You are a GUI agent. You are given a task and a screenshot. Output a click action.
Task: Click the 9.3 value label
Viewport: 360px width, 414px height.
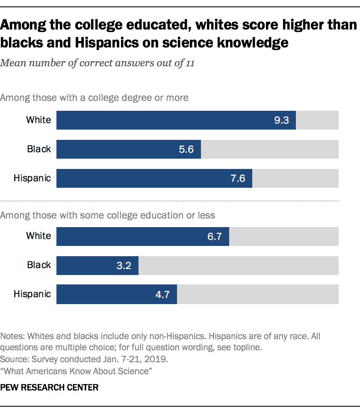[282, 121]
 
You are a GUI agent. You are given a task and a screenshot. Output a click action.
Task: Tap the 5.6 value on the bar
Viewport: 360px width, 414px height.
[187, 150]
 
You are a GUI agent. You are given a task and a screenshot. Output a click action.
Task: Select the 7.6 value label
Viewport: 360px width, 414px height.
[238, 179]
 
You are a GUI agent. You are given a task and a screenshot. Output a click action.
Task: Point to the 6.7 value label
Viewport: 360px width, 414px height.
[215, 237]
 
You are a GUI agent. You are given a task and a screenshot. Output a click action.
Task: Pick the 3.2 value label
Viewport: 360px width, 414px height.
[124, 266]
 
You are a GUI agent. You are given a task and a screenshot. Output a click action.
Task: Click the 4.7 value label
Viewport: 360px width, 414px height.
[163, 295]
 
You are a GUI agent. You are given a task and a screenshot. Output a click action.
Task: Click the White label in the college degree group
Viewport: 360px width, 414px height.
[38, 120]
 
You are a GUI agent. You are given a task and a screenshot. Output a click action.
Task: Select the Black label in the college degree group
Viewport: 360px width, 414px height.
[39, 149]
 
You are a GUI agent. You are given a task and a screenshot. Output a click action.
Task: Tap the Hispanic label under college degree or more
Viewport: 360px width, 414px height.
[32, 178]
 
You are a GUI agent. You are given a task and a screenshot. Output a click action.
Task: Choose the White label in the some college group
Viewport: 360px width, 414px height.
[38, 236]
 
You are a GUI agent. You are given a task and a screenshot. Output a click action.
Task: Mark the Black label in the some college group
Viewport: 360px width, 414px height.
[39, 265]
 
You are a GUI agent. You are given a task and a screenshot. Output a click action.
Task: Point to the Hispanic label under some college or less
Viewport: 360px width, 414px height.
[32, 294]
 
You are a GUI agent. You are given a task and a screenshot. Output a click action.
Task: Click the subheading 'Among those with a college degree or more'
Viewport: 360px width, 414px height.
[94, 98]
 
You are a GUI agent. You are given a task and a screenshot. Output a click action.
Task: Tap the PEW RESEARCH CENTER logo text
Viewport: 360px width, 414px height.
[50, 387]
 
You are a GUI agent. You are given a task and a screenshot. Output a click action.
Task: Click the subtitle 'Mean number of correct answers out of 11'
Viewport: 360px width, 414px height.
[98, 64]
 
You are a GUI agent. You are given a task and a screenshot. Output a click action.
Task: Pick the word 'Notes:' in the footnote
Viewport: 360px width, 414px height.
[12, 336]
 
